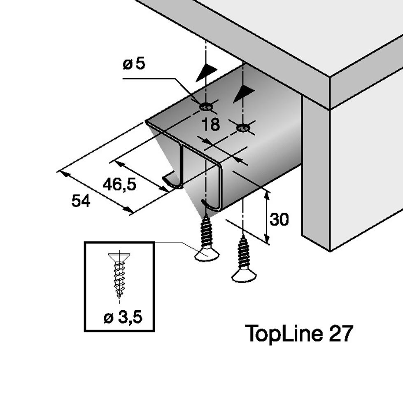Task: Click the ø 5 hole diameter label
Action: click(x=134, y=64)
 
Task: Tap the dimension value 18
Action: click(x=211, y=124)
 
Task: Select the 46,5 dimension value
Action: click(x=119, y=185)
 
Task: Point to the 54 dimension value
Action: click(x=81, y=201)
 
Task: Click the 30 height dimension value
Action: click(x=279, y=220)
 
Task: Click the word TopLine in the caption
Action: click(x=283, y=333)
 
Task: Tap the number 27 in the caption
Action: click(x=341, y=333)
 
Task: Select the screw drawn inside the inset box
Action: click(x=119, y=274)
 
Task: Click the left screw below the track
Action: click(x=207, y=239)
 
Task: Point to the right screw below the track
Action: click(x=244, y=260)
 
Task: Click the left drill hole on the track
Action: click(x=206, y=107)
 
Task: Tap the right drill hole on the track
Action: click(x=243, y=129)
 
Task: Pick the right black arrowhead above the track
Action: click(x=244, y=94)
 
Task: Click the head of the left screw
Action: click(x=207, y=255)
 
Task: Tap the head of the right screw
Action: click(x=244, y=276)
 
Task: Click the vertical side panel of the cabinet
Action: click(x=316, y=173)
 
